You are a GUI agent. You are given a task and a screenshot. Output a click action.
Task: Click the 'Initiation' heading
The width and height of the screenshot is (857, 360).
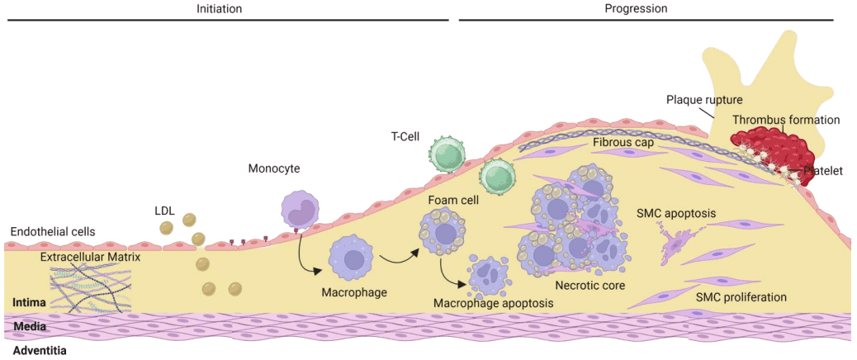click(x=219, y=8)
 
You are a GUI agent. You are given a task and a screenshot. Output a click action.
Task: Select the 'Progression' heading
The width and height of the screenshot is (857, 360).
click(x=636, y=8)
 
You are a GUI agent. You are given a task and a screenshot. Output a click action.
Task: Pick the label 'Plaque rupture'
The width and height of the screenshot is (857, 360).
click(x=704, y=100)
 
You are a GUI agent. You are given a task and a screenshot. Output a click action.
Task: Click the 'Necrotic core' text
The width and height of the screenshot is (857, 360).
click(x=590, y=286)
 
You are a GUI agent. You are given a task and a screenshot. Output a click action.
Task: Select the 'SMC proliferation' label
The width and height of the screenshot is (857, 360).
click(x=741, y=297)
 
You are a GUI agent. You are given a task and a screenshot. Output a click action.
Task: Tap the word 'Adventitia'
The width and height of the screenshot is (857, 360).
click(x=40, y=350)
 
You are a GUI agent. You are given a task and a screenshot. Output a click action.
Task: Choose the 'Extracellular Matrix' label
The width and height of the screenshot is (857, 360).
click(x=91, y=257)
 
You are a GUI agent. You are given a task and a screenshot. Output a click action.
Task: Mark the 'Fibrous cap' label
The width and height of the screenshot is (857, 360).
click(x=623, y=142)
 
